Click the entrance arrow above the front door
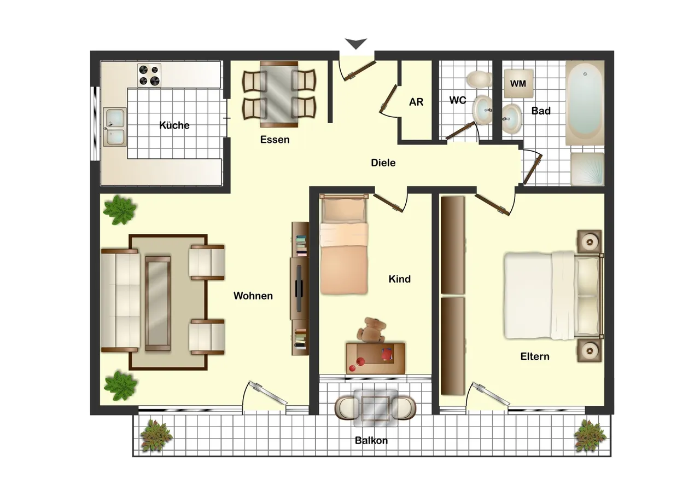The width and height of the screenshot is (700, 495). (355, 43)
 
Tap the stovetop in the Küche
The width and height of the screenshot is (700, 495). (149, 75)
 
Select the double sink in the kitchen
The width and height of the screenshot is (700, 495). (115, 126)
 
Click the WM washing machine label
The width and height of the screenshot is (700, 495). (518, 84)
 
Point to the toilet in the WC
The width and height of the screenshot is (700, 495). (479, 79)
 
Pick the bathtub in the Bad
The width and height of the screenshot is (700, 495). (585, 103)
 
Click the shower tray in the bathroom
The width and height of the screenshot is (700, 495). (587, 169)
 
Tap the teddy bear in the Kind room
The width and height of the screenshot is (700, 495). (372, 330)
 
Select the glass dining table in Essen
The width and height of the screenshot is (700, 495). (279, 94)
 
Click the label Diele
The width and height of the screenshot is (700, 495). (383, 163)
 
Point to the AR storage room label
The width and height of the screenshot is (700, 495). (416, 102)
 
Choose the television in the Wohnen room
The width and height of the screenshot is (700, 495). (299, 288)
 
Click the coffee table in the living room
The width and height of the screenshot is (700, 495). (158, 303)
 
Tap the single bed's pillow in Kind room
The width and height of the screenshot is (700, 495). (344, 210)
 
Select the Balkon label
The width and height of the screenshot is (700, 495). (371, 441)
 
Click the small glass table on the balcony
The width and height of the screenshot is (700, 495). (375, 408)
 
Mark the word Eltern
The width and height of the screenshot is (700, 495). (535, 356)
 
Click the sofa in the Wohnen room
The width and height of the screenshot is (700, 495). (121, 301)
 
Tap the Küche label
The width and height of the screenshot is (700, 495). (174, 125)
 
